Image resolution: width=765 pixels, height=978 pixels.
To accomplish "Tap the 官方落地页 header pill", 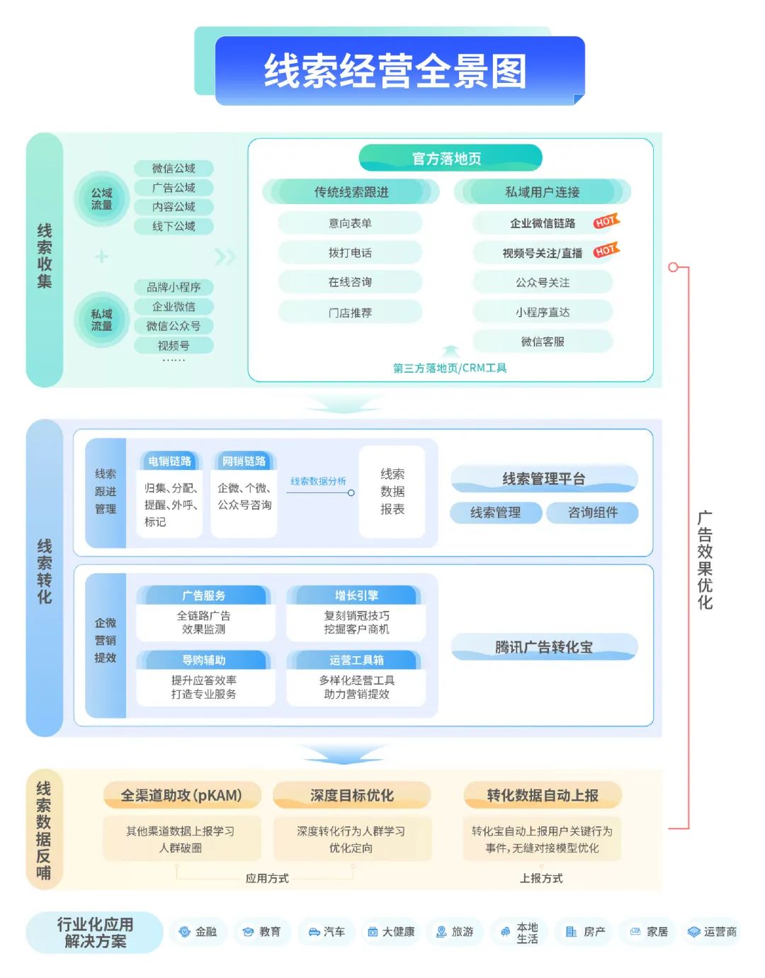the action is click(450, 158).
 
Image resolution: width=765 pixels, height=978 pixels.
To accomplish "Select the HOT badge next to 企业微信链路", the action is click(606, 221).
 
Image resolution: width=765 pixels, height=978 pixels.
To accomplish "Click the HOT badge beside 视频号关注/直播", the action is click(606, 250).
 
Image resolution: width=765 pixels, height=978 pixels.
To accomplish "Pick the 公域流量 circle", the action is click(101, 199).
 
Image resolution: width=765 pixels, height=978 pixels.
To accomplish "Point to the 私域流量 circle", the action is click(101, 320).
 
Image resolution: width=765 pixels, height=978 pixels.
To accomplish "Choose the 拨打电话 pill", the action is click(351, 252).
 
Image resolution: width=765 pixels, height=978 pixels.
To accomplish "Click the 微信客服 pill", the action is click(543, 342).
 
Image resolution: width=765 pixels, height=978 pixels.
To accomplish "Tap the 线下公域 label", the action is click(174, 226).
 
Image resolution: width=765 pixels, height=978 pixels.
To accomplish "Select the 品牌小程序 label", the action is click(174, 287).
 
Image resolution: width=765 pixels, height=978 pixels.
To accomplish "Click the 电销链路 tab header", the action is click(169, 461).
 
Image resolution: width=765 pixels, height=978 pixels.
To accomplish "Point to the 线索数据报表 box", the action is click(392, 491).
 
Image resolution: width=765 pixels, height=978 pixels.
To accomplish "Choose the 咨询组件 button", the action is click(592, 512).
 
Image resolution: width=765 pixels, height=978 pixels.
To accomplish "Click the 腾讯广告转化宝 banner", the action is click(544, 647).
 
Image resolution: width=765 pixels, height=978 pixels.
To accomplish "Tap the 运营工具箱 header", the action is click(356, 660).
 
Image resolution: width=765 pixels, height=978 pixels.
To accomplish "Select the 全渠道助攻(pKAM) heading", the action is click(182, 795).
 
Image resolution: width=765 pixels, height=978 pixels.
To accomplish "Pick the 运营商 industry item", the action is click(713, 932).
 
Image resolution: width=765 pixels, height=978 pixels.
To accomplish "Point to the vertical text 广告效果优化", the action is click(705, 560).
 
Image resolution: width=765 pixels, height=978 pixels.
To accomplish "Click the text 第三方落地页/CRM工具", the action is click(450, 368).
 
